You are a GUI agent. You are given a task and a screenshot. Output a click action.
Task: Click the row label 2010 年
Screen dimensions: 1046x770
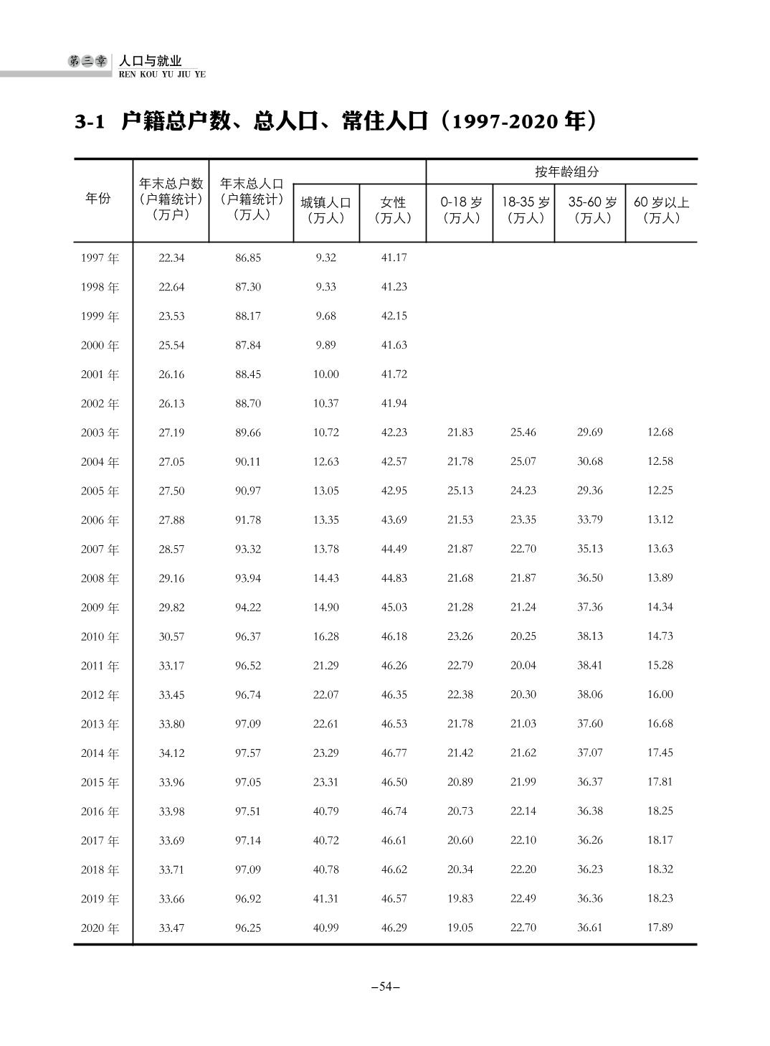(x=100, y=637)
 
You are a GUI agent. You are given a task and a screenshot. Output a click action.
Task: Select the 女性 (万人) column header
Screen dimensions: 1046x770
(x=393, y=210)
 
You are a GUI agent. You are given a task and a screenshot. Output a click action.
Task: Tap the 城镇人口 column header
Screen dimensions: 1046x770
(x=325, y=210)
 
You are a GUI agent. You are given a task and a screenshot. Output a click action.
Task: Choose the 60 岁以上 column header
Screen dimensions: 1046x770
(x=661, y=209)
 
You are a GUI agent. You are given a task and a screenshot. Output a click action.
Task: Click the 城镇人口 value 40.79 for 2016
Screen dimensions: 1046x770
(x=325, y=811)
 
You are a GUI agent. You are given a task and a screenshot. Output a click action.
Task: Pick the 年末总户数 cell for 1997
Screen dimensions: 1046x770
(x=171, y=258)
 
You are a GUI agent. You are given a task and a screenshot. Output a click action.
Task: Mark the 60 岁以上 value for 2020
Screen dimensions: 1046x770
(x=660, y=928)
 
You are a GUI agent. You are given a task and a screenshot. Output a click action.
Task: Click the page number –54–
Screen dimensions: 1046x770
(x=385, y=986)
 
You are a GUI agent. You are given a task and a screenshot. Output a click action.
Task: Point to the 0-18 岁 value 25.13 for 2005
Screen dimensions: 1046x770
(x=460, y=491)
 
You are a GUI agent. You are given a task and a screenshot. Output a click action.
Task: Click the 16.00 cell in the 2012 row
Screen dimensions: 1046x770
(x=660, y=694)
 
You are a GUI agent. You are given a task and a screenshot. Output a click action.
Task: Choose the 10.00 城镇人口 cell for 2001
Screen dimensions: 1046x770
(x=325, y=374)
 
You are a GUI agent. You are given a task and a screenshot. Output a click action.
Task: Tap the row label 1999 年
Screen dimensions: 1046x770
(x=100, y=316)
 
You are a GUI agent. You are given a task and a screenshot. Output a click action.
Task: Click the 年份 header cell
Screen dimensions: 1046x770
(x=98, y=199)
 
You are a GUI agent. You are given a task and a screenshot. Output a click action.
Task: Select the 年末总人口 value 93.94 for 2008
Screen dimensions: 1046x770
(x=248, y=578)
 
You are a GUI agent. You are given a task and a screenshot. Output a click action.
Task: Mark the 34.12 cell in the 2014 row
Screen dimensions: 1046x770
(x=171, y=753)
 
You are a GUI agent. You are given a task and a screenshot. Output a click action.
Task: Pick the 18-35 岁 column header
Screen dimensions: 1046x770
(x=525, y=209)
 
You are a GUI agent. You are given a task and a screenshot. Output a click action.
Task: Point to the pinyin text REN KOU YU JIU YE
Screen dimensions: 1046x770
(x=162, y=74)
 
